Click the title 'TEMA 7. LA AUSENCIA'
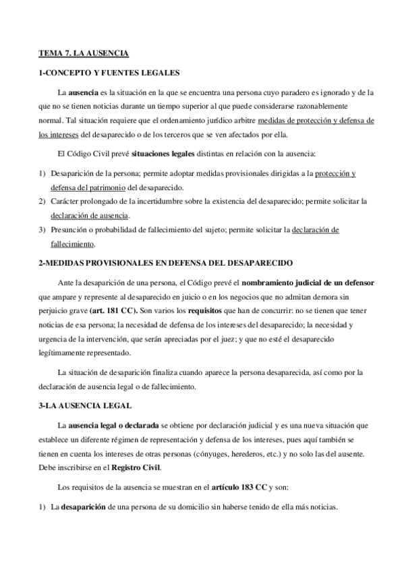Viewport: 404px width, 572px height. (82, 52)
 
